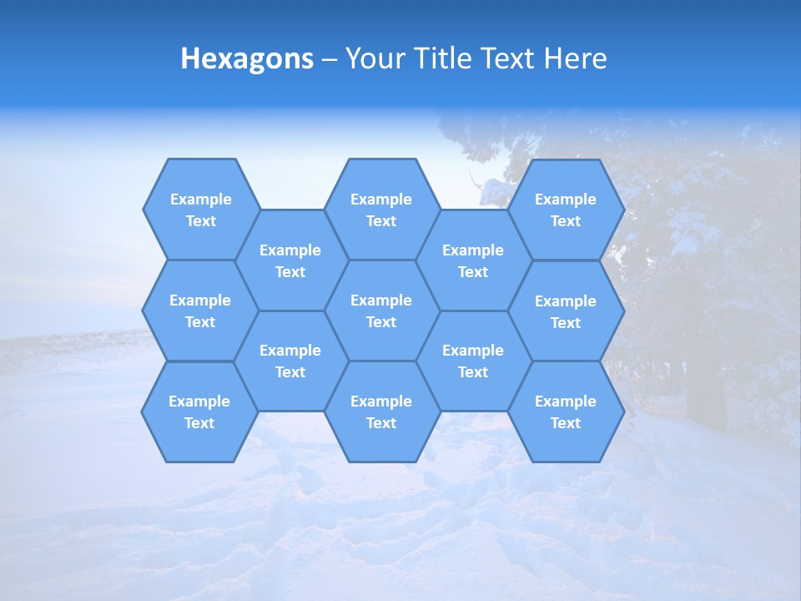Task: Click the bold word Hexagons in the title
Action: pos(247,58)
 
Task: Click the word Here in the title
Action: pos(576,58)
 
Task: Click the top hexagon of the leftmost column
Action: pos(200,210)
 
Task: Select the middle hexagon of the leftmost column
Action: pos(200,311)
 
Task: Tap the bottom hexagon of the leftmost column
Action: pos(199,412)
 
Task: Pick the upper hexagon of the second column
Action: pos(290,260)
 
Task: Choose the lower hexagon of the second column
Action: pos(290,361)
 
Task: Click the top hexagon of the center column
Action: pos(381,210)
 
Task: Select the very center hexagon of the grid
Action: pos(381,311)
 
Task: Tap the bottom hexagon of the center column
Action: pos(381,412)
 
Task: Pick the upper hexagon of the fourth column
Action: pos(473,260)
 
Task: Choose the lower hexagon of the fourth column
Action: pos(473,361)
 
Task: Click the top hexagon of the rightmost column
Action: pos(566,210)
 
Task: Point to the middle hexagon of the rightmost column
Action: pos(566,311)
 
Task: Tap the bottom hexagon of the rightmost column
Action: pos(566,412)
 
